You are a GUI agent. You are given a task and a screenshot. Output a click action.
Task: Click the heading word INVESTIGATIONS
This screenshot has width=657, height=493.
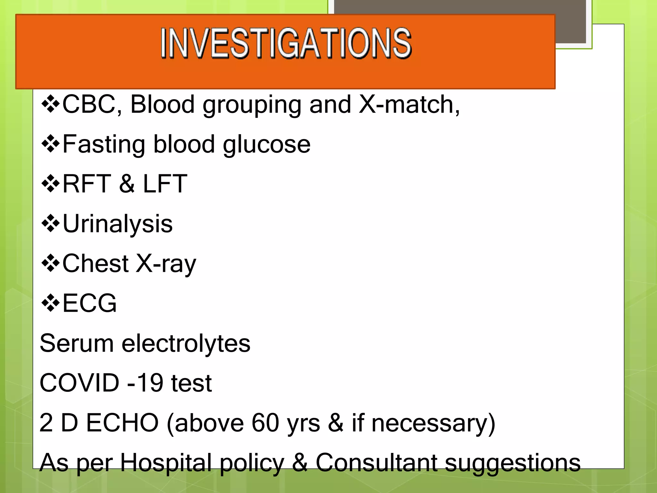tap(286, 43)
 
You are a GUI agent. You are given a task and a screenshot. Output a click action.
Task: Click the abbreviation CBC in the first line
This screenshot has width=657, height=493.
tap(89, 104)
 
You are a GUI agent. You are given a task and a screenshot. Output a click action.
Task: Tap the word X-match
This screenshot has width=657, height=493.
tap(409, 104)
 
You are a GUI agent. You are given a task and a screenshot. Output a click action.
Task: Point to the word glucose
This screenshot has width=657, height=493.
tap(266, 145)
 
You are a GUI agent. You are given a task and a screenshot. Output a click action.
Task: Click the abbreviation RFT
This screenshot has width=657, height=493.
tap(87, 184)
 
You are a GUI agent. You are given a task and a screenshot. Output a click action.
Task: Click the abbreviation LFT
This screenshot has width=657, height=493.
tap(165, 184)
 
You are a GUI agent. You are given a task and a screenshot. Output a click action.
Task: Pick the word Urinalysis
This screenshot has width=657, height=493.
tap(117, 224)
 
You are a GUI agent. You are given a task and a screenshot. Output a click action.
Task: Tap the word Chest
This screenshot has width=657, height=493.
tap(95, 263)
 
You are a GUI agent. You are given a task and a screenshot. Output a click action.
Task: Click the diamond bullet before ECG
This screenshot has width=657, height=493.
tap(50, 303)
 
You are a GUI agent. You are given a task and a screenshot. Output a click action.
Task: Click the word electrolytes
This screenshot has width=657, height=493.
tap(186, 343)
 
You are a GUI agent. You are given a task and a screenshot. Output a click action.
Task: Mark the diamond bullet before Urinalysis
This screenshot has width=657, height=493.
tap(50, 224)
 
